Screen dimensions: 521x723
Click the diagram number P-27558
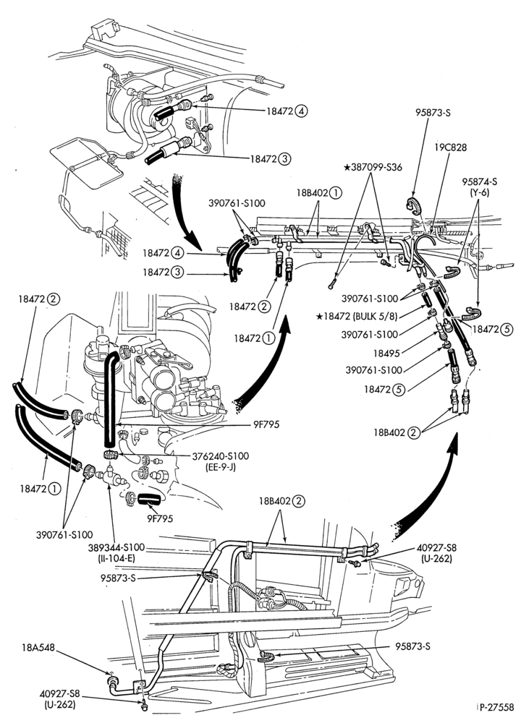pyautogui.click(x=496, y=706)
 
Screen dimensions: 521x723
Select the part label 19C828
pyautogui.click(x=451, y=147)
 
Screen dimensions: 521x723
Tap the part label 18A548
pyautogui.click(x=38, y=647)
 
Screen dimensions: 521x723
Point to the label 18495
pyautogui.click(x=386, y=353)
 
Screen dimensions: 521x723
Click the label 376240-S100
pyautogui.click(x=220, y=456)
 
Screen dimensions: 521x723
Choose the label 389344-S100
pyautogui.click(x=117, y=547)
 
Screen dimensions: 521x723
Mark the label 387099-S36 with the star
pyautogui.click(x=373, y=168)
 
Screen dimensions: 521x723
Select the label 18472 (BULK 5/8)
pyautogui.click(x=357, y=317)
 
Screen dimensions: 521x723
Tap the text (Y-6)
pyautogui.click(x=480, y=193)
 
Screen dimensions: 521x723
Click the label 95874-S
pyautogui.click(x=479, y=181)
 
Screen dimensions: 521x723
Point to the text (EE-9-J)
pyautogui.click(x=220, y=466)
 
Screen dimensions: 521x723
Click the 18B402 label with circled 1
pyautogui.click(x=319, y=193)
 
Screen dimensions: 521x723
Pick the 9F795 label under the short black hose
pyautogui.click(x=160, y=518)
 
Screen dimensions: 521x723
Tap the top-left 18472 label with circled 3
pyautogui.click(x=271, y=159)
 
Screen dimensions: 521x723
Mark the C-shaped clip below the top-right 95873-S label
pyautogui.click(x=415, y=205)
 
